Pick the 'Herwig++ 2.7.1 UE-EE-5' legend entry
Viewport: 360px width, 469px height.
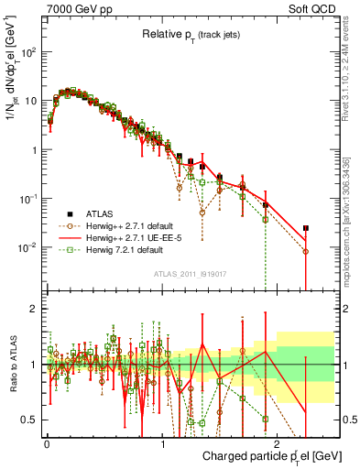(129, 236)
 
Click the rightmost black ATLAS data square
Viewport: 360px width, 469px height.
(306, 228)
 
